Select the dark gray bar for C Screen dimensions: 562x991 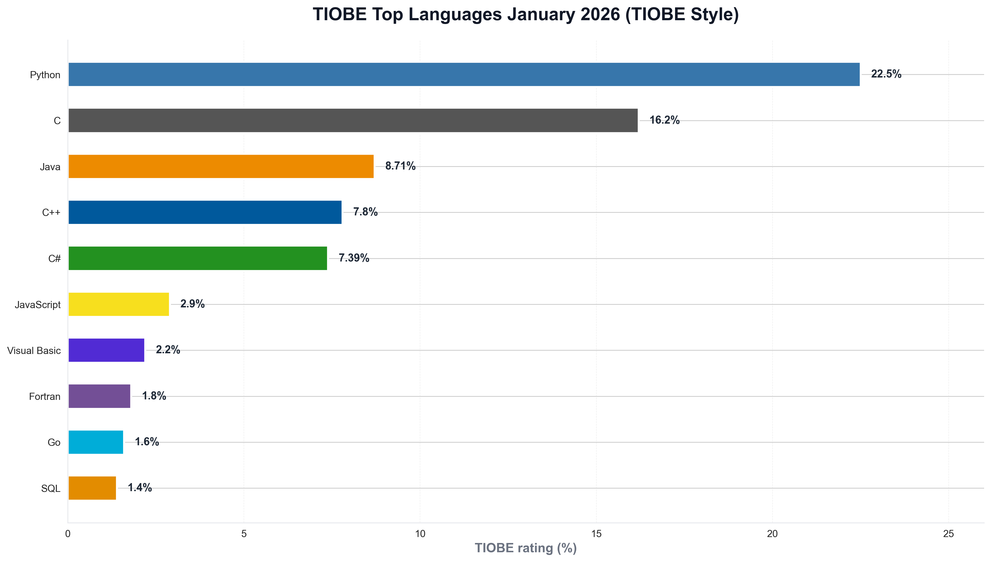[x=353, y=121]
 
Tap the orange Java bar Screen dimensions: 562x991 [x=221, y=166]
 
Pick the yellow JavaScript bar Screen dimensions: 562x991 [x=118, y=304]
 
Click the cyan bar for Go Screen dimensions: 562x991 [x=96, y=442]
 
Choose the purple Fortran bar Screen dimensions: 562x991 [x=99, y=396]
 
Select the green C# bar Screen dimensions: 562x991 [x=198, y=258]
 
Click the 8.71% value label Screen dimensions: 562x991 [x=400, y=166]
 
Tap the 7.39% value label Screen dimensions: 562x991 [x=353, y=258]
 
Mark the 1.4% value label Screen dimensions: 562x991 [x=140, y=488]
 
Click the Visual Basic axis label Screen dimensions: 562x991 [x=34, y=350]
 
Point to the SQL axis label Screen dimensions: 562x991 [x=51, y=489]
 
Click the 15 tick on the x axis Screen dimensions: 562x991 [x=596, y=534]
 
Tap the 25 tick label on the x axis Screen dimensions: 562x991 [x=948, y=534]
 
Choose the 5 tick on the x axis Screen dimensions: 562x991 [x=244, y=534]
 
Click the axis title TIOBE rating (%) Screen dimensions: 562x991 [x=525, y=548]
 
